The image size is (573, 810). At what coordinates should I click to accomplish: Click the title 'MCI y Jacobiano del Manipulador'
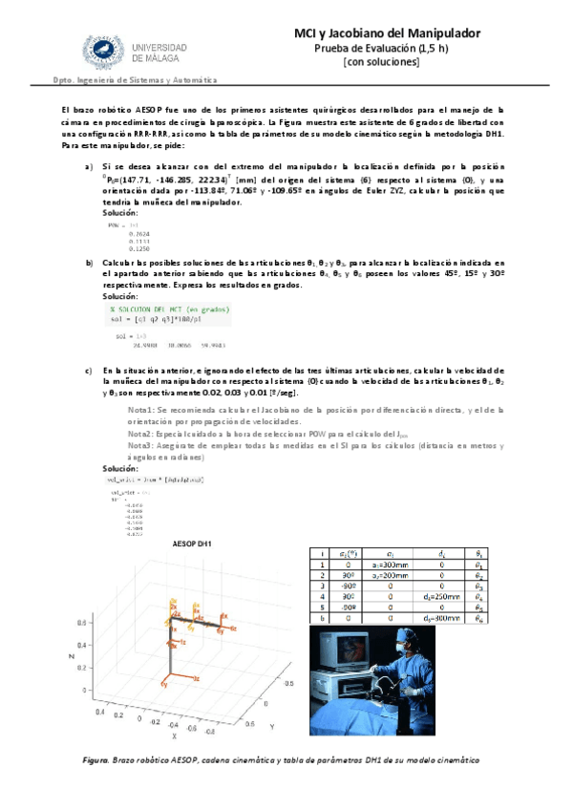click(x=387, y=33)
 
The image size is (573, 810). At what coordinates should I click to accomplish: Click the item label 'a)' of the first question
click(x=89, y=166)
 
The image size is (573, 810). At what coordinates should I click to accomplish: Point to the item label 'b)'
click(x=89, y=262)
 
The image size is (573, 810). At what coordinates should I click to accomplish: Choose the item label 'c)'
click(x=89, y=370)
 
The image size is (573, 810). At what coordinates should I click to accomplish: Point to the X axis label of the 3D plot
click(x=174, y=736)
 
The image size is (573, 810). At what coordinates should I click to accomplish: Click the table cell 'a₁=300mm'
click(x=387, y=565)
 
